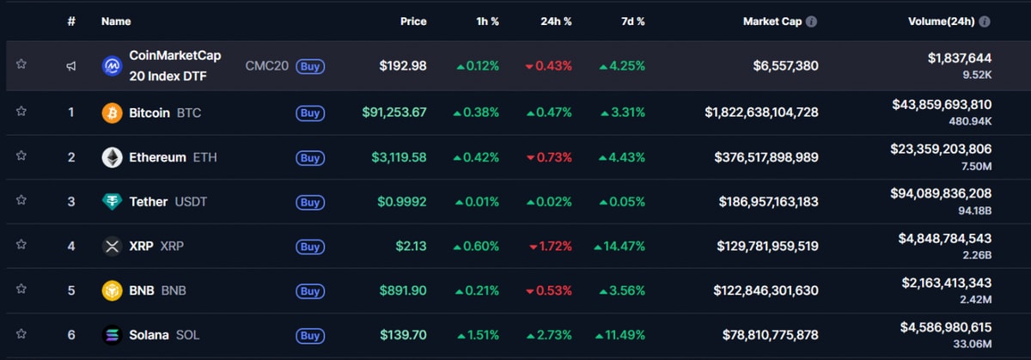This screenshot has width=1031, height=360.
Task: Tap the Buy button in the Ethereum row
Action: (x=310, y=157)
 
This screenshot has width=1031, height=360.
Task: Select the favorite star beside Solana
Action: (x=21, y=334)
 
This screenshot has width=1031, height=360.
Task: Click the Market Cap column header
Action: (x=772, y=21)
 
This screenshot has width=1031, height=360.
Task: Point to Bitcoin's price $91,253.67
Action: (x=394, y=113)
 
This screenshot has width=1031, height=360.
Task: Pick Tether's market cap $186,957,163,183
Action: (x=768, y=202)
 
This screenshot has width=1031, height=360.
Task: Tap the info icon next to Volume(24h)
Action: (x=985, y=21)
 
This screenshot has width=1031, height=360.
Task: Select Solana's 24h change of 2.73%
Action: (x=550, y=335)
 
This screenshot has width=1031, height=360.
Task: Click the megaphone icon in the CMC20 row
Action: (x=71, y=65)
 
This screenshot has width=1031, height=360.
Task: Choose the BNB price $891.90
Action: (x=403, y=290)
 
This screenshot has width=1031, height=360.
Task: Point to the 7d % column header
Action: (x=631, y=21)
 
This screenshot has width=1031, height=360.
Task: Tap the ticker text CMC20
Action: (x=267, y=65)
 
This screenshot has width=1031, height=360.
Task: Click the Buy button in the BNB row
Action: (x=310, y=290)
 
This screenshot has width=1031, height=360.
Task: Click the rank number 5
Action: (x=71, y=290)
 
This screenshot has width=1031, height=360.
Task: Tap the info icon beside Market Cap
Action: (x=811, y=21)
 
